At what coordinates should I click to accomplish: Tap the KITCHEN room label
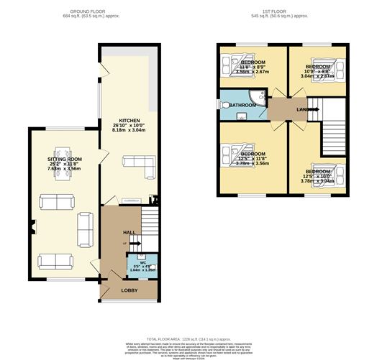coord(130,120)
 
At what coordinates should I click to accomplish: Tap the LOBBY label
coord(129,290)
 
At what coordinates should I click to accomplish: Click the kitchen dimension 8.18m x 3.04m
coord(130,131)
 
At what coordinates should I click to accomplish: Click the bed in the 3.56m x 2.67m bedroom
coord(231,64)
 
